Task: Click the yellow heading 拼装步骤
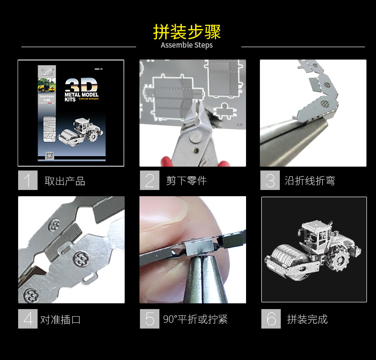tap(187, 31)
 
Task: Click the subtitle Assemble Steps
tap(187, 45)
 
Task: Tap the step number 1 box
tap(28, 180)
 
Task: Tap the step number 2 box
tap(149, 180)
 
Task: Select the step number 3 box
tap(270, 180)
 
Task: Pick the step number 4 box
tap(28, 319)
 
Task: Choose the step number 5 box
tap(149, 319)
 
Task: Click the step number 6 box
tap(271, 319)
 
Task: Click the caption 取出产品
tap(65, 181)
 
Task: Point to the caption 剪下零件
tap(186, 181)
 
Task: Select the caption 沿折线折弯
tap(310, 181)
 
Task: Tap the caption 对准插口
tap(60, 319)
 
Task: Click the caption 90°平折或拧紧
tap(195, 319)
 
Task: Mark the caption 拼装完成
tap(307, 319)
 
